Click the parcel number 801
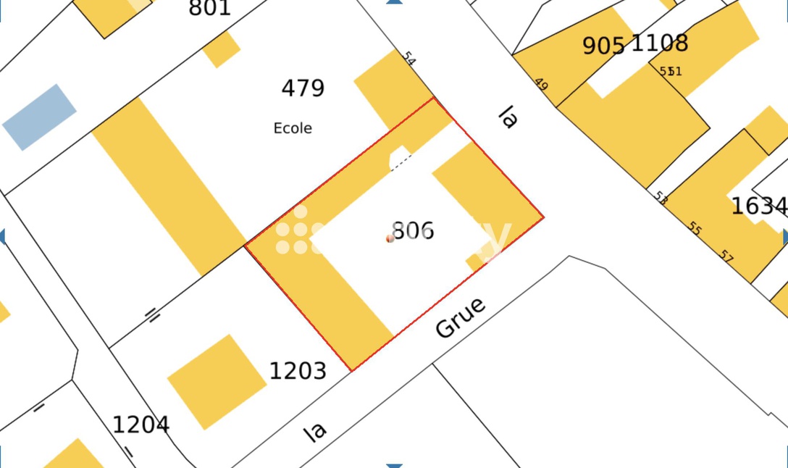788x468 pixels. [x=209, y=8]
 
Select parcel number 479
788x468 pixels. [x=303, y=88]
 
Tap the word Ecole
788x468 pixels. [x=293, y=128]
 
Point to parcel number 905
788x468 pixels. [x=603, y=46]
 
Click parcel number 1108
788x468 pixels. [x=660, y=43]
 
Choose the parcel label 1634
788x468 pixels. [x=758, y=206]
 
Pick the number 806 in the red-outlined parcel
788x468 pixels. [x=414, y=231]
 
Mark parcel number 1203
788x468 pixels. [x=298, y=372]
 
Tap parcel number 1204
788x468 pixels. [x=141, y=425]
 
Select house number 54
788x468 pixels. [x=409, y=59]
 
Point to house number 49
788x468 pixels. [x=541, y=83]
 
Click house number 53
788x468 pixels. [x=661, y=197]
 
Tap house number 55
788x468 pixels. [x=695, y=229]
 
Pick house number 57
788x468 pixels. [x=727, y=255]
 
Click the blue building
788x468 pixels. [x=39, y=117]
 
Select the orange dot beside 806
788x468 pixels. [x=390, y=238]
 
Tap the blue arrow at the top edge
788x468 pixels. [x=394, y=2]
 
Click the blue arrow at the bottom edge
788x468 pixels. [x=394, y=465]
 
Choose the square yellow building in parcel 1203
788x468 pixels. [x=217, y=381]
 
